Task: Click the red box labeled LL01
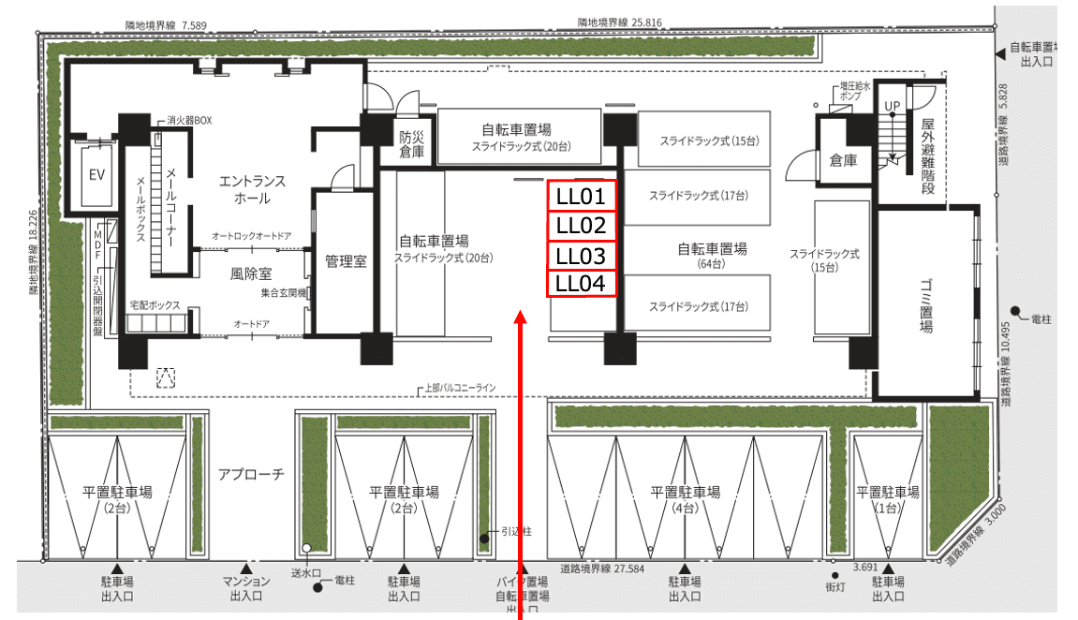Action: click(583, 197)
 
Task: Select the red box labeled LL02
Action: click(583, 226)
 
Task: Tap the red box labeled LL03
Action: click(583, 256)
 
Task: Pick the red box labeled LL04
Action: click(583, 284)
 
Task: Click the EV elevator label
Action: click(96, 175)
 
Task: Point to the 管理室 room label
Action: click(345, 261)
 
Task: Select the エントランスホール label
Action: click(252, 189)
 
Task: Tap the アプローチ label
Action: click(250, 475)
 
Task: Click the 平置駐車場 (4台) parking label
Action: click(686, 499)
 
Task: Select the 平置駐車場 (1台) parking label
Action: click(887, 499)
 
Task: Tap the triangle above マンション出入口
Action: click(246, 568)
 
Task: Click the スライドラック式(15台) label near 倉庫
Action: click(824, 260)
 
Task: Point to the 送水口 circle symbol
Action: click(306, 549)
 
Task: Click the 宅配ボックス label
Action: click(155, 305)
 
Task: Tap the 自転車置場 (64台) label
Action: click(712, 256)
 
